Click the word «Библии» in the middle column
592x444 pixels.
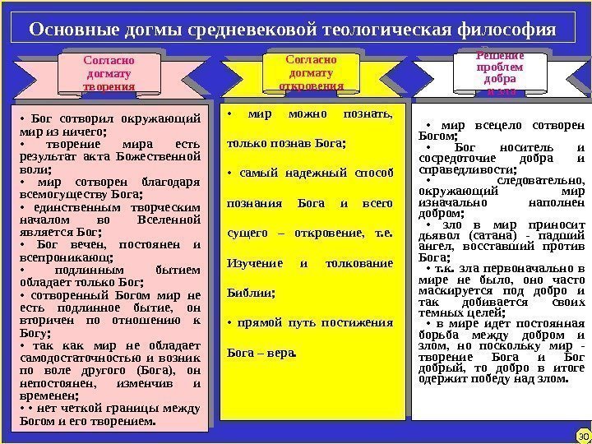(249, 291)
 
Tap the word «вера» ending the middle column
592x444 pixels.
(278, 354)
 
